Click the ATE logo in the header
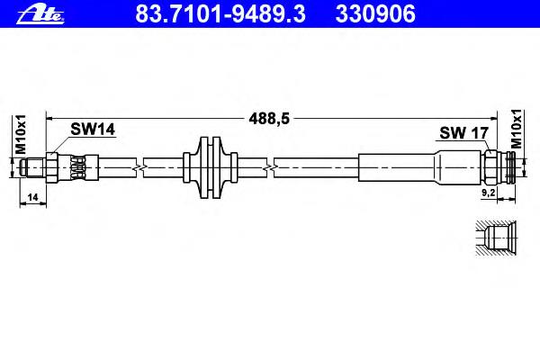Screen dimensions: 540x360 tap(40, 13)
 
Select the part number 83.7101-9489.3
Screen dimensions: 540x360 tap(220, 14)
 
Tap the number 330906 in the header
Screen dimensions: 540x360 tap(375, 14)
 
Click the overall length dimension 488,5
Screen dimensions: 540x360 tap(269, 119)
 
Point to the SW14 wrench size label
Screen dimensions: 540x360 tap(93, 130)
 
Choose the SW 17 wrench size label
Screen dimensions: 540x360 tap(463, 132)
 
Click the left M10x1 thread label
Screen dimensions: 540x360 tap(21, 134)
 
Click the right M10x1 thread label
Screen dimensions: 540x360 tap(517, 129)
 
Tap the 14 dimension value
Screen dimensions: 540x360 tap(32, 197)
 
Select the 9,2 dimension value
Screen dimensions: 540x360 tap(488, 193)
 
